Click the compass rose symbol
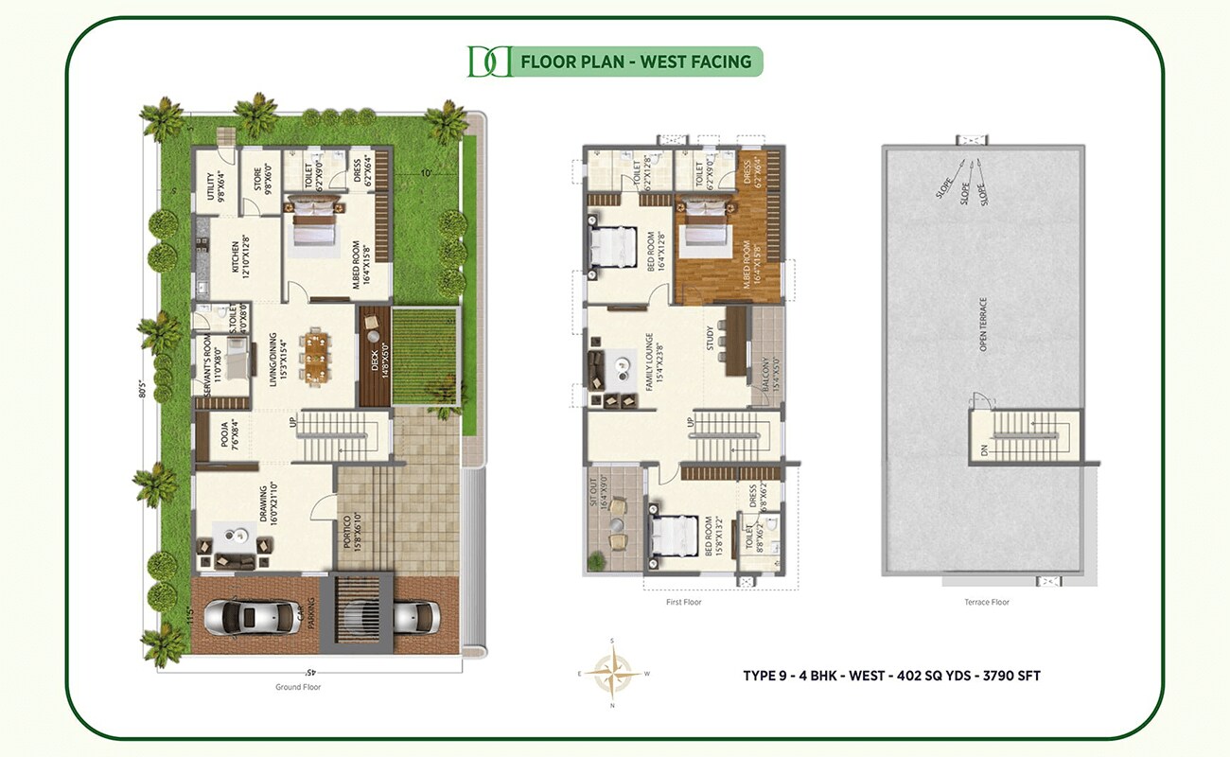612,673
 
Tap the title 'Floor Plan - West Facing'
635,62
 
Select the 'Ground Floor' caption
298,687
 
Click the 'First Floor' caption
683,602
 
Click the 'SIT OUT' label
594,493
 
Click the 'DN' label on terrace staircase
984,452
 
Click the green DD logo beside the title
489,62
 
